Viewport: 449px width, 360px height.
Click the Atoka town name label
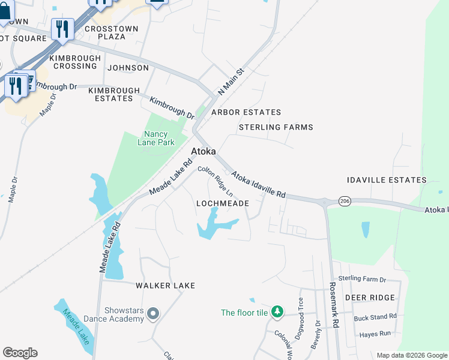203,152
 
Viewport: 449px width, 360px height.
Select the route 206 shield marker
344,201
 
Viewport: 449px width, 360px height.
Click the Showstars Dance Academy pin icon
153,314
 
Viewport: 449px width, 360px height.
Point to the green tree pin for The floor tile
277,312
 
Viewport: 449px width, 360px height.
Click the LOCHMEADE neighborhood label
223,204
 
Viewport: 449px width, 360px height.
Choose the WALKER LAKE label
165,286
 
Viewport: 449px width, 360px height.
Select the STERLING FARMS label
276,127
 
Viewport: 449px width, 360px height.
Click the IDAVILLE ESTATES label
387,180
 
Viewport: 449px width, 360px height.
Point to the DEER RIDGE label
370,298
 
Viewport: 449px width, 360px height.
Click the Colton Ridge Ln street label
215,182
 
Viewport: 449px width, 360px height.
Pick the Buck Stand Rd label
375,317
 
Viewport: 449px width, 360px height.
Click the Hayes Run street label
375,333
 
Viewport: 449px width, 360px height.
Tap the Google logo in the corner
20,353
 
